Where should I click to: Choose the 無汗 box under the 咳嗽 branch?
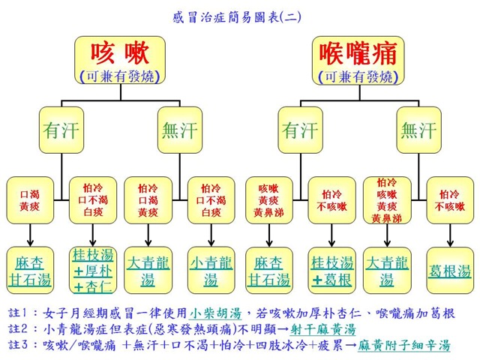pos(181,130)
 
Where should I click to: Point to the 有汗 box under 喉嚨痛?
pos(300,130)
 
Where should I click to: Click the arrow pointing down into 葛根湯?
pos(450,236)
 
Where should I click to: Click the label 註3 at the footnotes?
pos(25,345)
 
